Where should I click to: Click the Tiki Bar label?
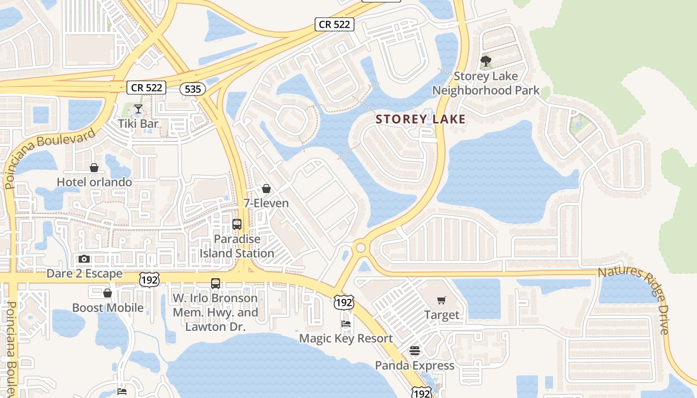coord(138,123)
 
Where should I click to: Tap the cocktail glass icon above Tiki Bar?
coord(138,108)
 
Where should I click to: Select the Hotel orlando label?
coord(94,182)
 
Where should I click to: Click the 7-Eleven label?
coord(266,203)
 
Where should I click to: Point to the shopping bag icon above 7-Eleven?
coord(266,189)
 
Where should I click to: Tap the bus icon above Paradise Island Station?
coord(237,224)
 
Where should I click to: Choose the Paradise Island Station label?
coord(237,246)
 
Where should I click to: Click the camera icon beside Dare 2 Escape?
coord(84,259)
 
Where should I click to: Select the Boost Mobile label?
coord(108,307)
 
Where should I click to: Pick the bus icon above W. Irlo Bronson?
coord(216,284)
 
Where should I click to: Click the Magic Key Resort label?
coord(346,338)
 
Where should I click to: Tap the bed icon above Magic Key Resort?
coord(346,324)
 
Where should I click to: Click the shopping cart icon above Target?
coord(442,300)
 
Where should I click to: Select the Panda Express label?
coord(414,365)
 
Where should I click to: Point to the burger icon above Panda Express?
coord(415,351)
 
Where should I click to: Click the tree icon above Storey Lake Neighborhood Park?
coord(486,62)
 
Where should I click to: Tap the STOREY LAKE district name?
coord(421,119)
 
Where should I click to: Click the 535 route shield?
coord(192,89)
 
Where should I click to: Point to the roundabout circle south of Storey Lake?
coord(360,247)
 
